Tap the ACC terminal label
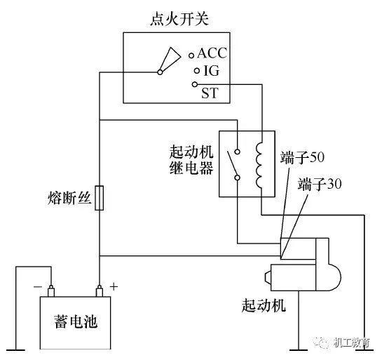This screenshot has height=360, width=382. click(212, 53)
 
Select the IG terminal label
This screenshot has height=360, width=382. click(211, 71)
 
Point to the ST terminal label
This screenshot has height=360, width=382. click(210, 92)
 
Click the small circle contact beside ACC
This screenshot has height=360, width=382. click(191, 54)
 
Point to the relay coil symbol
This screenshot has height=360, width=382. click(260, 166)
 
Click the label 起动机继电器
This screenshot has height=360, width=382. click(191, 161)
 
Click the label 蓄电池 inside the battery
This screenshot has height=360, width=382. click(74, 321)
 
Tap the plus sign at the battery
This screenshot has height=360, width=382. click(114, 286)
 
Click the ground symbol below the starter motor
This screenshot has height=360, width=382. click(301, 347)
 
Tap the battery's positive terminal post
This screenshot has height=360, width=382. click(100, 289)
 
